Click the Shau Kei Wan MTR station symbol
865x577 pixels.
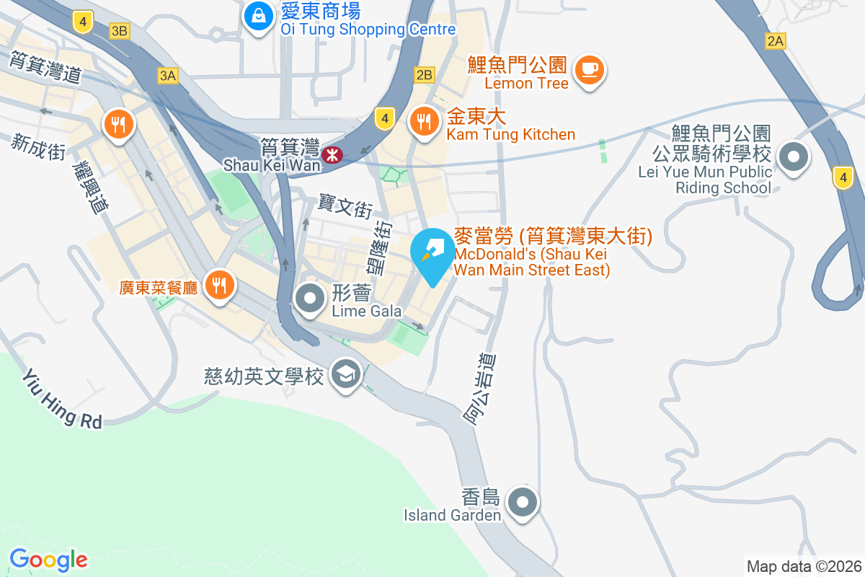coord(332,154)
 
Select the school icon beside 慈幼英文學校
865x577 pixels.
coord(346,374)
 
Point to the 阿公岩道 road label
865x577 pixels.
coord(481,390)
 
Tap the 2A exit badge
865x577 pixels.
coord(775,41)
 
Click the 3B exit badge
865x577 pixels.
coord(120,31)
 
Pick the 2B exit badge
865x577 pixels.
coord(424,74)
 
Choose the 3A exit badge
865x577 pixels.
coord(167,76)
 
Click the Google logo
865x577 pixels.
coord(48,560)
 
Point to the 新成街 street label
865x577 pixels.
coord(38,146)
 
